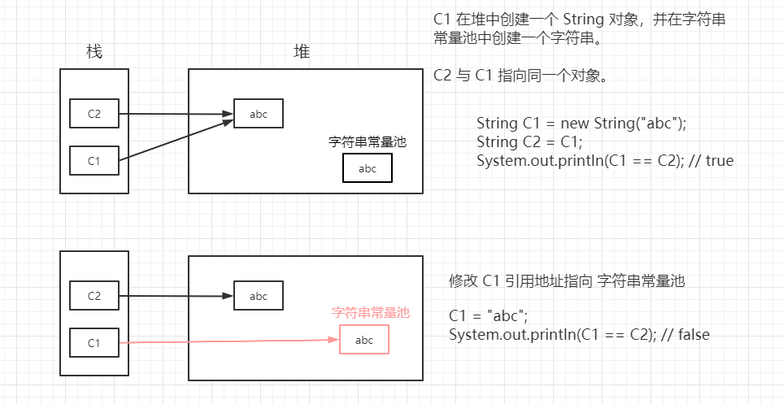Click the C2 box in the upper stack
pyautogui.click(x=94, y=113)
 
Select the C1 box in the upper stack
pyautogui.click(x=94, y=160)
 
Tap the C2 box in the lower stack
pyautogui.click(x=94, y=295)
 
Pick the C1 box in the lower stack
pyautogui.click(x=94, y=342)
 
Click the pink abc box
pyautogui.click(x=364, y=340)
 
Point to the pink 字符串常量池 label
pyautogui.click(x=371, y=313)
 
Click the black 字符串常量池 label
pyautogui.click(x=368, y=141)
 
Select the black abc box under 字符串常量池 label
pyautogui.click(x=368, y=167)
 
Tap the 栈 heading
pyautogui.click(x=94, y=51)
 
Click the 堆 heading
pyautogui.click(x=302, y=51)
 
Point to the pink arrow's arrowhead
pyautogui.click(x=334, y=340)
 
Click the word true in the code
pyautogui.click(x=720, y=161)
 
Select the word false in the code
pyautogui.click(x=694, y=334)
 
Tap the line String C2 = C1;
pyautogui.click(x=530, y=141)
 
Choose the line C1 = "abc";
pyautogui.click(x=489, y=315)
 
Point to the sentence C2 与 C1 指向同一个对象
pyautogui.click(x=520, y=76)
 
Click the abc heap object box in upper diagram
pyautogui.click(x=259, y=113)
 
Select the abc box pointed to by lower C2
pyautogui.click(x=259, y=295)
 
